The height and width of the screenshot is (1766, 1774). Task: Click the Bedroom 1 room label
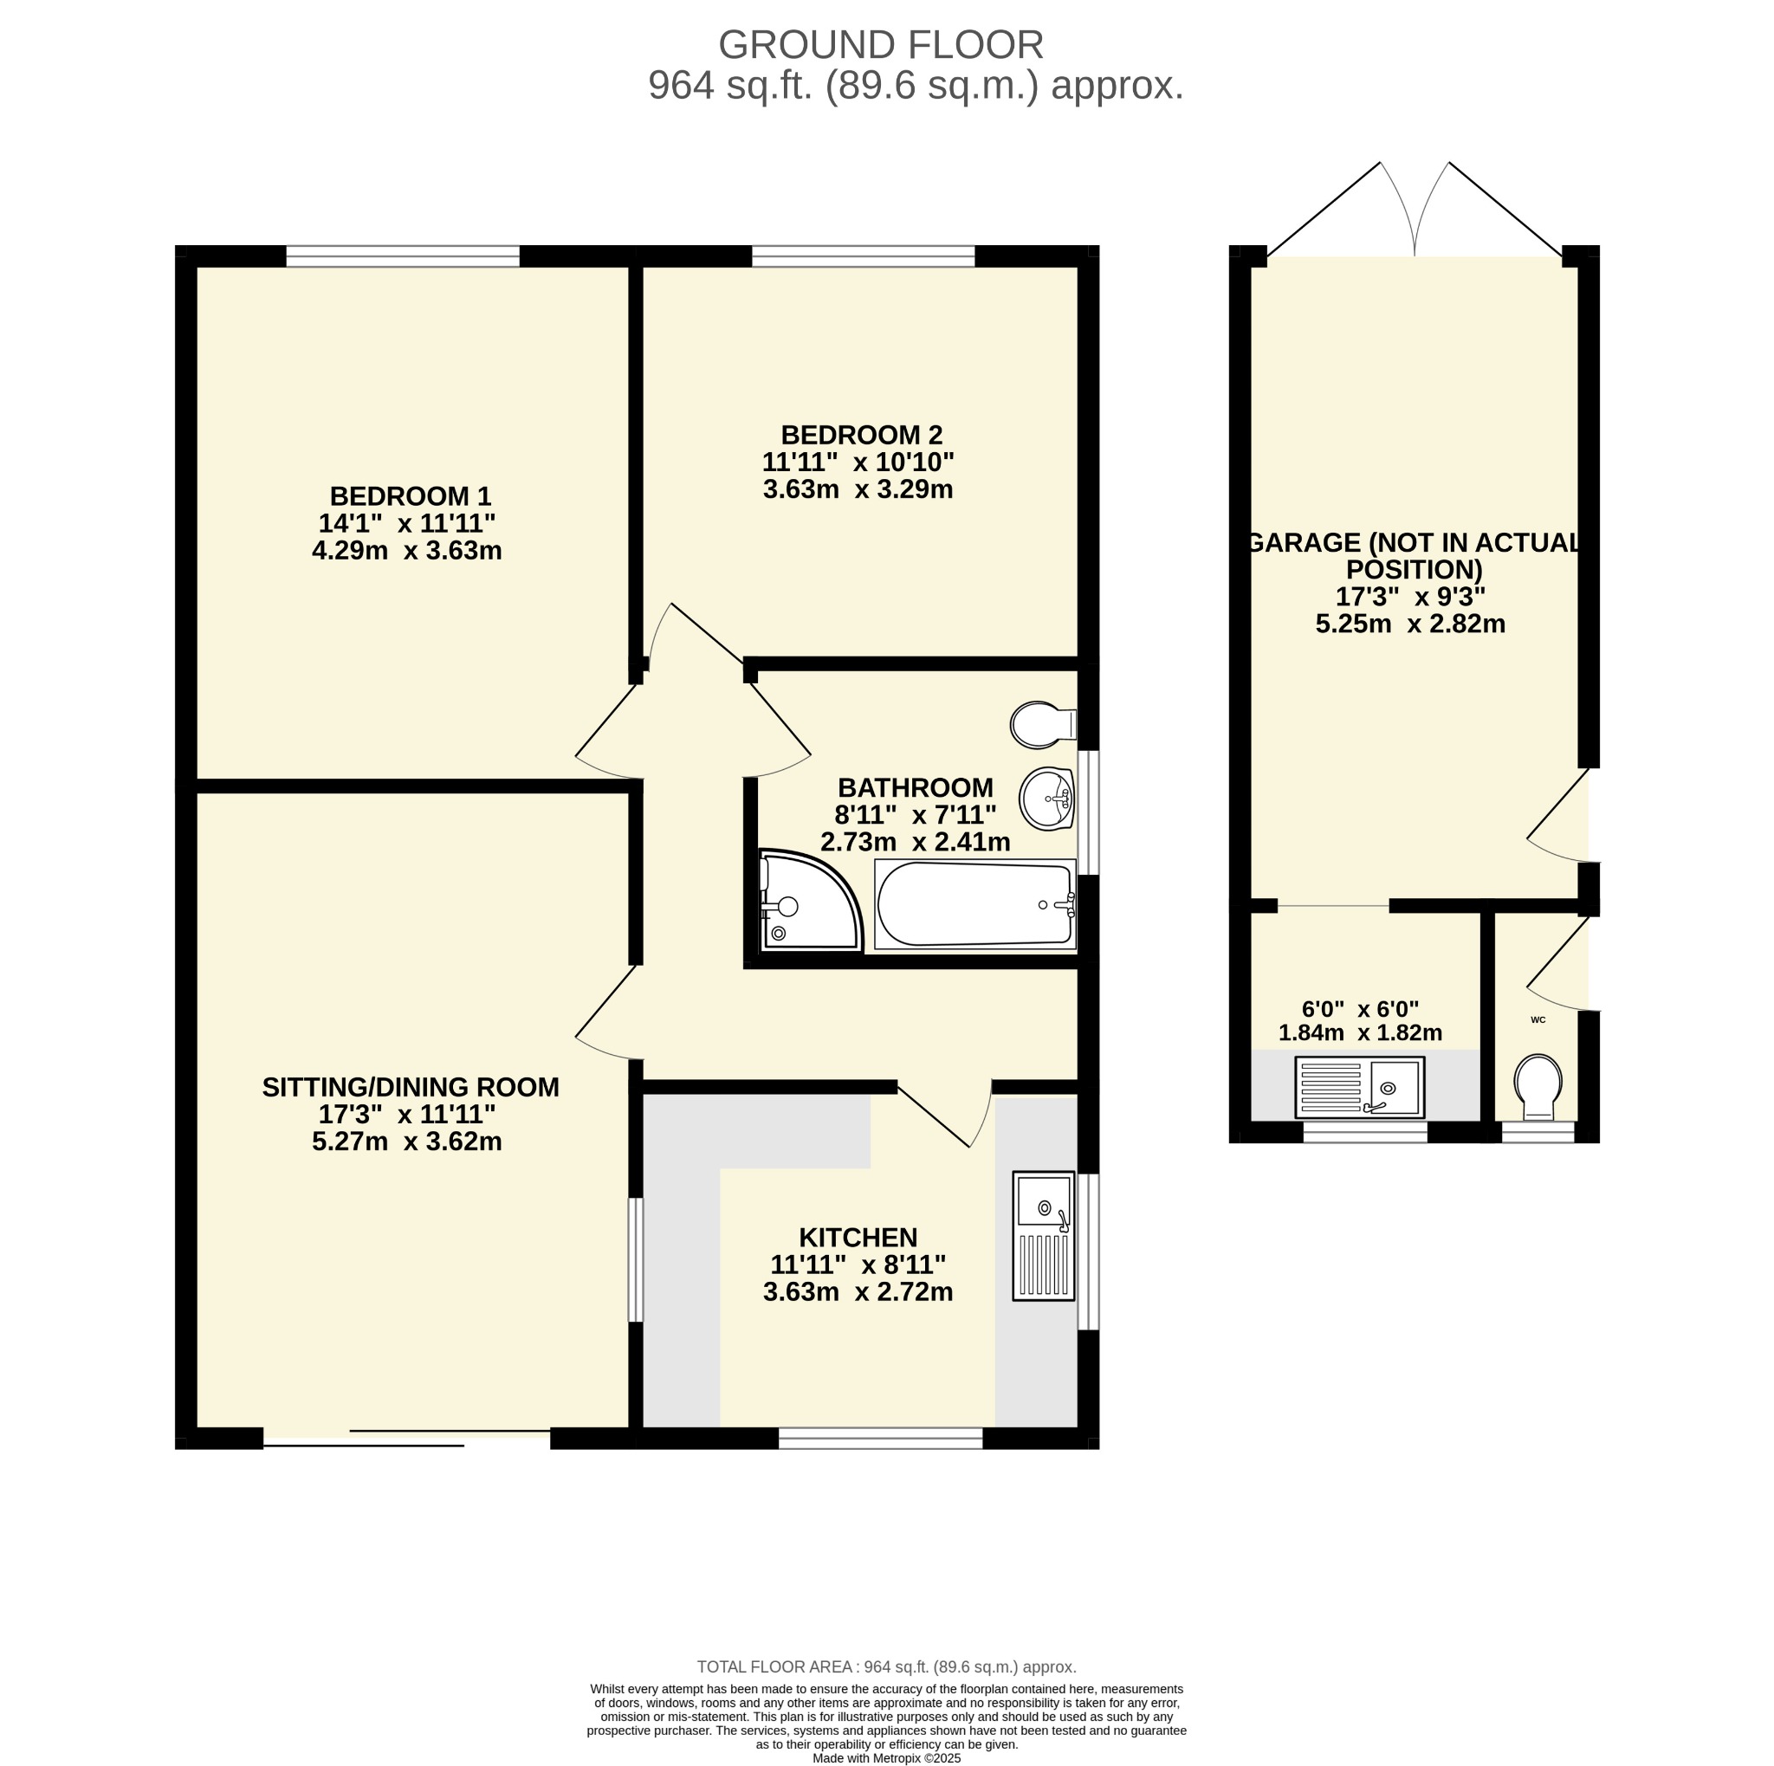(x=411, y=496)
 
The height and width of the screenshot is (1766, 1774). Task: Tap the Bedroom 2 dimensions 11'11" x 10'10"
(x=858, y=462)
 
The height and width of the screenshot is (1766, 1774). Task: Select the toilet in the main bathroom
(x=1043, y=725)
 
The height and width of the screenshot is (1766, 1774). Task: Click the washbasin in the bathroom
(x=1046, y=799)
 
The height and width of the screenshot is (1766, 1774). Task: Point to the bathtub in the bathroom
(x=975, y=904)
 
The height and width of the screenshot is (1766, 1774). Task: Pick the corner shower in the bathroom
(x=810, y=900)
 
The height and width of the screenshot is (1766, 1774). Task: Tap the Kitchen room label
(x=858, y=1238)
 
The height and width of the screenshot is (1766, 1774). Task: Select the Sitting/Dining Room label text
(x=411, y=1088)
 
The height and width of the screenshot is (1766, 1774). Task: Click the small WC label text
(x=1538, y=1019)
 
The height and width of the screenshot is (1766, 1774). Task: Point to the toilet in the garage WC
(x=1539, y=1088)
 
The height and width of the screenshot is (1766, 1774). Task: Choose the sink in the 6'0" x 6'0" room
(x=1360, y=1088)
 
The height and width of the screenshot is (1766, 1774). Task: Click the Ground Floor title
(x=881, y=45)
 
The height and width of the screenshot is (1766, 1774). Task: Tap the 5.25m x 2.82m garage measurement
(x=1410, y=624)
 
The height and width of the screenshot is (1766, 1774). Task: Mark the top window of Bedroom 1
(x=403, y=256)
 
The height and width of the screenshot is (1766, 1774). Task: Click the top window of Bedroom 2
(x=863, y=256)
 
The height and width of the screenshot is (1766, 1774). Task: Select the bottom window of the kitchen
(x=881, y=1439)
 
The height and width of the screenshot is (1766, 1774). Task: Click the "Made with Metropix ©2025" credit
(x=887, y=1759)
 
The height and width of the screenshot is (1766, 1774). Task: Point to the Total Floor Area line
(x=887, y=1667)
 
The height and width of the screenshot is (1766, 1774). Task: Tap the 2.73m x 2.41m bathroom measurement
(x=916, y=842)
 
